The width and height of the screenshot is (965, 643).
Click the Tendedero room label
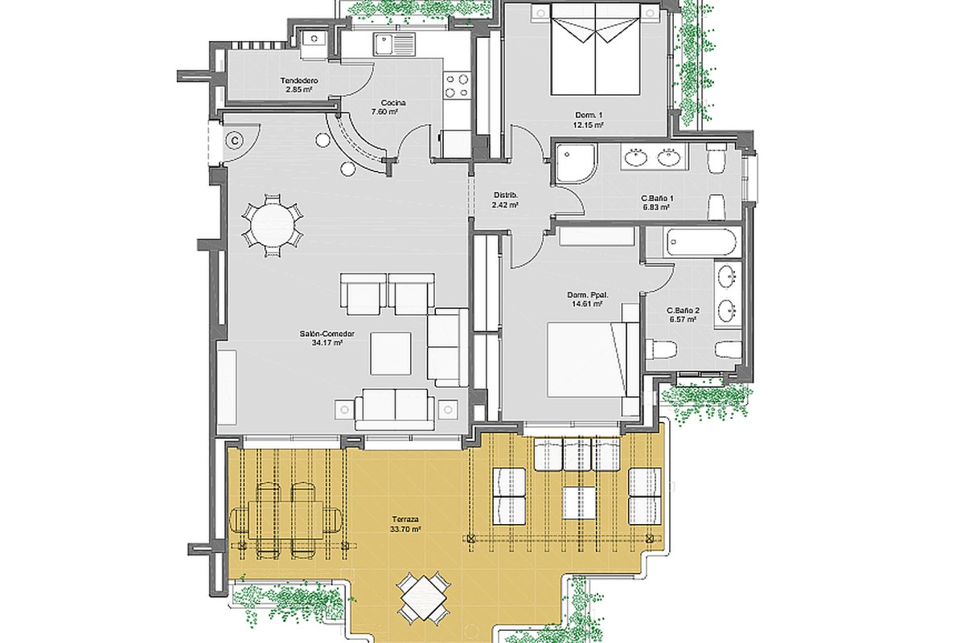point(299,80)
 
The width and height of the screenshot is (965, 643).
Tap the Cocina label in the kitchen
point(393,103)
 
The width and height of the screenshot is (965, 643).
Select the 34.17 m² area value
point(327,343)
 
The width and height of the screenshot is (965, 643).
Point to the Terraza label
point(405,519)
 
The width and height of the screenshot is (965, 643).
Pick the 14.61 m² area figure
point(587,304)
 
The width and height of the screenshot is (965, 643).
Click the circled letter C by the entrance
point(235,141)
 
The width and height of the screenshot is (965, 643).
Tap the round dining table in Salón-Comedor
point(273,225)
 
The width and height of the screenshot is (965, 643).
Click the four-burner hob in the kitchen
point(457,85)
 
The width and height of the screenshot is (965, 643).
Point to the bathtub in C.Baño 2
point(702,243)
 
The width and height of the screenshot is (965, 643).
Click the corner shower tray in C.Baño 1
point(577,164)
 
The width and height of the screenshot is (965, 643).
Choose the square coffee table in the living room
point(391,353)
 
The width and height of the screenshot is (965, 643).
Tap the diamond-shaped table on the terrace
point(424,599)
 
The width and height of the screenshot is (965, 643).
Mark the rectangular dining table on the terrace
point(285,519)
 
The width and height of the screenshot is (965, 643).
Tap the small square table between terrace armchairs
point(580,502)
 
